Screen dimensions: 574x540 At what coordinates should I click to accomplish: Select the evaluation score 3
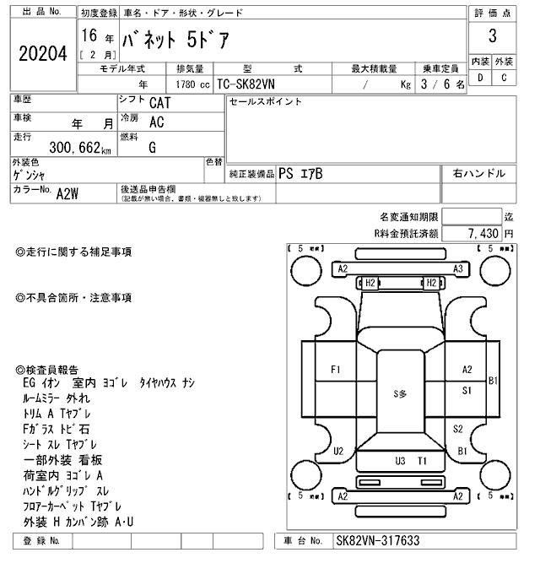coord(492,36)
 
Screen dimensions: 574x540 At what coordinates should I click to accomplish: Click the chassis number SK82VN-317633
coord(377,541)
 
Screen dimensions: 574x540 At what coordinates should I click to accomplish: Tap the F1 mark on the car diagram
coord(336,369)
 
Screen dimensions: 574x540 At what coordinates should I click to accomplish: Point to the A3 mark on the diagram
coord(458,269)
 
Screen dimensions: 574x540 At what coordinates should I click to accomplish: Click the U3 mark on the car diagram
coord(401,461)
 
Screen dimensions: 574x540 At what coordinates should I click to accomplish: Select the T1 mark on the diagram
coord(423,461)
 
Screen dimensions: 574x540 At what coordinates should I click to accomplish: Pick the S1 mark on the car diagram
coord(467,390)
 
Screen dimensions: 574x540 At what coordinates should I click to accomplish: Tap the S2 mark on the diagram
coord(458,429)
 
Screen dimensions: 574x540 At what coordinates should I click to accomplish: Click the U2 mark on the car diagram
coord(338,451)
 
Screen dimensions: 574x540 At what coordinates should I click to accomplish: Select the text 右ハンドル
coord(478,174)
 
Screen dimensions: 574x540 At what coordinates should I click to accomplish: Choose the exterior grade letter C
coord(504,79)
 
